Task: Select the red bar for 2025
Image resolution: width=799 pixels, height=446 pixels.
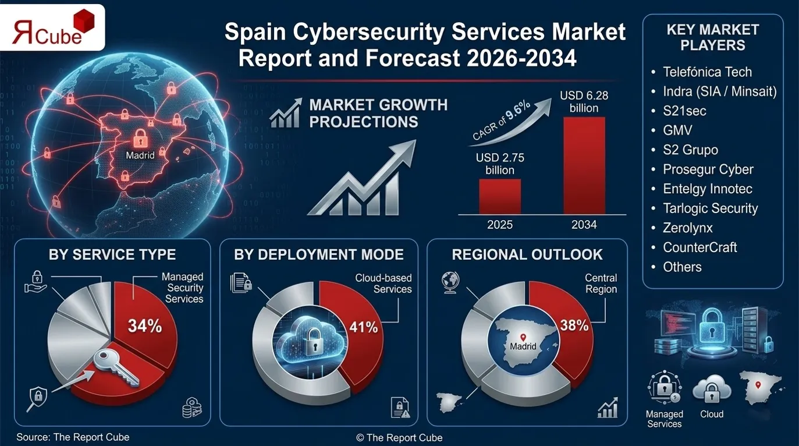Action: pyautogui.click(x=499, y=196)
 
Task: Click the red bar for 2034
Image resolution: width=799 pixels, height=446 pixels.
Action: pyautogui.click(x=584, y=165)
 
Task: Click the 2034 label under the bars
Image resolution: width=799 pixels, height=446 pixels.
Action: pyautogui.click(x=584, y=225)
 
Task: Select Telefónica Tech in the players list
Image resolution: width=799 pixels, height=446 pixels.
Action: pyautogui.click(x=707, y=72)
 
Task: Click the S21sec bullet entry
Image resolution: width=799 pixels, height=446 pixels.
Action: pyautogui.click(x=684, y=111)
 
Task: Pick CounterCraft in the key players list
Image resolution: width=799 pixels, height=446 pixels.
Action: pyautogui.click(x=699, y=247)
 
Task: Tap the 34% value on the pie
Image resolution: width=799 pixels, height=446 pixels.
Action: pyautogui.click(x=145, y=326)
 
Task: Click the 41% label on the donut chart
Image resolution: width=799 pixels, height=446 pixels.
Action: pyautogui.click(x=363, y=327)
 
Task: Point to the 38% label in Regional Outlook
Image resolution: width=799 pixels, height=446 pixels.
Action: pyautogui.click(x=574, y=325)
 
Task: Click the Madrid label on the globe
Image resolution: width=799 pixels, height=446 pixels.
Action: pyautogui.click(x=140, y=155)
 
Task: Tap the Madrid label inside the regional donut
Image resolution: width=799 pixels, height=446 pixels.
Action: pyautogui.click(x=523, y=346)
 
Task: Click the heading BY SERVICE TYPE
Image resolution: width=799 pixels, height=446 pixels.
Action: pyautogui.click(x=112, y=254)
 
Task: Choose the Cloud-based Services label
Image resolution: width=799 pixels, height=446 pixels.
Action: pyautogui.click(x=383, y=284)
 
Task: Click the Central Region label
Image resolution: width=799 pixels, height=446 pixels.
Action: pyautogui.click(x=601, y=284)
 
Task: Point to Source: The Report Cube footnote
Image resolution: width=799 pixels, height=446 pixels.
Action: pyautogui.click(x=73, y=437)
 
